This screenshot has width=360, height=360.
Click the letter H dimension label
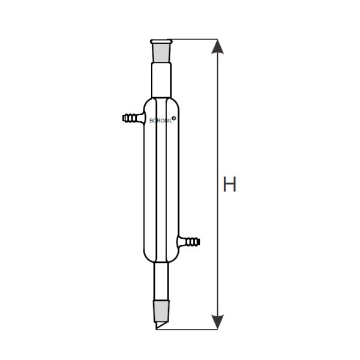pos(230,184)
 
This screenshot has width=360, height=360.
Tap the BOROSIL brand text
pos(161,121)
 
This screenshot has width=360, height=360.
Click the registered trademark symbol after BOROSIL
pos(174,118)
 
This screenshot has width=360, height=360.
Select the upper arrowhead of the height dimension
pos(217,47)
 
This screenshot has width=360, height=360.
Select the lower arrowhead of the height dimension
pos(217,322)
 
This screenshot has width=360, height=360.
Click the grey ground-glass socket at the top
pos(161,53)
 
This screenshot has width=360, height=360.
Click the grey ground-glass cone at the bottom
pos(161,310)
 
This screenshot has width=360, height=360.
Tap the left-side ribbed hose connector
pos(133,118)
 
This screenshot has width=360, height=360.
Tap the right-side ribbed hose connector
pos(189,242)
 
